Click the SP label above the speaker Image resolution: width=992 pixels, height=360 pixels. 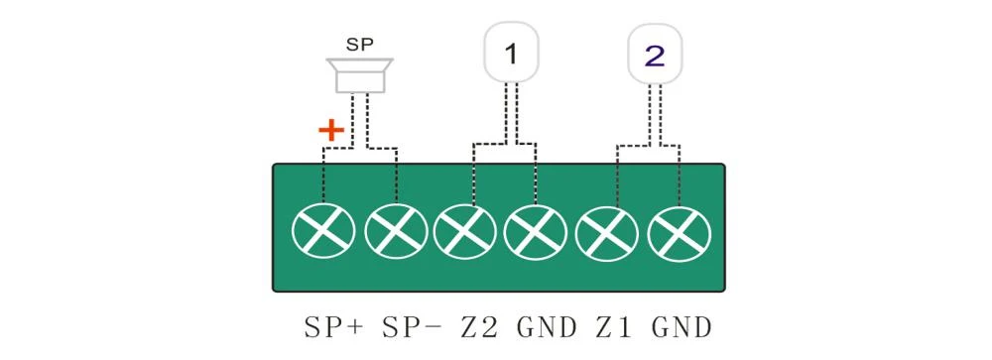pos(359,45)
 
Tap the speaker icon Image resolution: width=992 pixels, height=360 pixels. pos(359,74)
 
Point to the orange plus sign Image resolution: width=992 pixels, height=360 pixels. pos(331,131)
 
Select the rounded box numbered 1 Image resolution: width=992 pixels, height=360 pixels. pos(511,54)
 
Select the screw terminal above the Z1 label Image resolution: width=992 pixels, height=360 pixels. pos(607,234)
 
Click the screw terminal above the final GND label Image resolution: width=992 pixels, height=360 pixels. pos(680,234)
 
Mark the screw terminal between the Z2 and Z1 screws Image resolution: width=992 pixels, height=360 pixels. pos(536,233)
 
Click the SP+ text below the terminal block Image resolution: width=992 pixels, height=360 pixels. pos(334,327)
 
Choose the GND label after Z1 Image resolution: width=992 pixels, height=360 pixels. pos(682,327)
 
